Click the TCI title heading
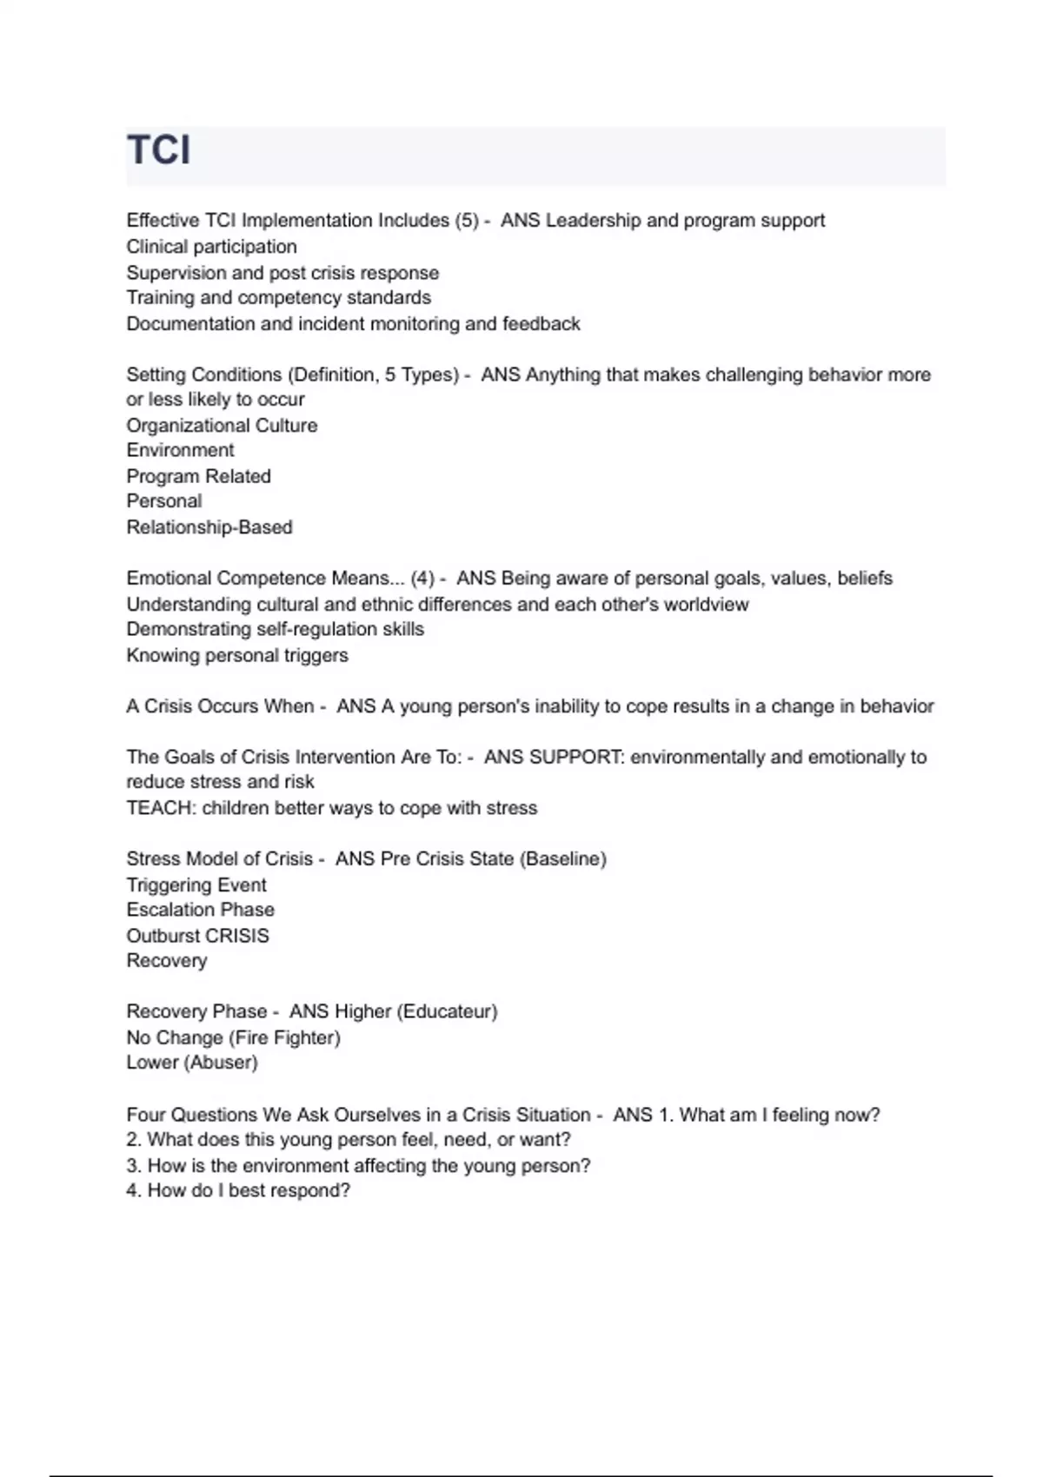coord(159,150)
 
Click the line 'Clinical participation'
coord(211,247)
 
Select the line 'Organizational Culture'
coord(222,426)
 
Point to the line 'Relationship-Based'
coord(209,527)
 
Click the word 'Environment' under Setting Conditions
coord(180,450)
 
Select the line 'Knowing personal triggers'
coord(237,655)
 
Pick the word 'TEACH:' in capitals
coord(161,808)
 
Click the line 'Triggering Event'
coord(196,885)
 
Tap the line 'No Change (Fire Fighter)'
coord(233,1037)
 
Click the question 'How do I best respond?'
coord(249,1190)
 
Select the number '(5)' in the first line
coord(467,221)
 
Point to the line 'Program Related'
coord(198,476)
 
